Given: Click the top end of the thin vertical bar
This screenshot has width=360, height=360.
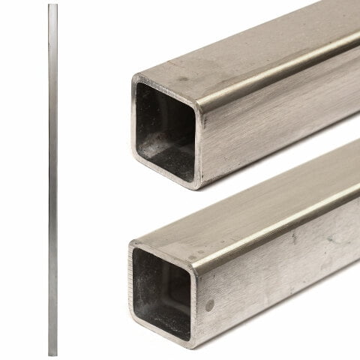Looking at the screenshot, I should [x=51, y=6].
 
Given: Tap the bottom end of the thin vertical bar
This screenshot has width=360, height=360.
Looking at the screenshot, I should [x=51, y=352].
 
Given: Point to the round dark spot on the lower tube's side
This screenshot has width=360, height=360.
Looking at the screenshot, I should [x=210, y=304].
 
